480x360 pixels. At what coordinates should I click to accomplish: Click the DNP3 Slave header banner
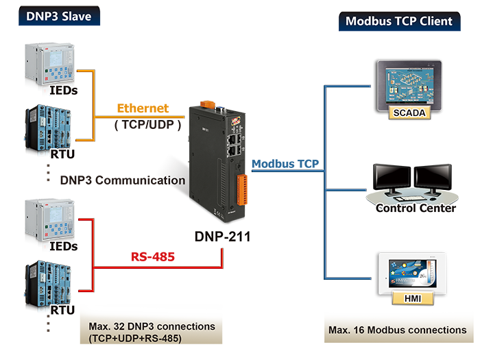[x=58, y=16]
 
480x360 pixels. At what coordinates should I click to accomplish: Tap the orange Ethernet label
[x=143, y=108]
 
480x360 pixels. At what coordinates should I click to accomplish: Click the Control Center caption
[x=416, y=207]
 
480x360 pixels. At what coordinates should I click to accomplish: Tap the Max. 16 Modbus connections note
[x=398, y=331]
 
